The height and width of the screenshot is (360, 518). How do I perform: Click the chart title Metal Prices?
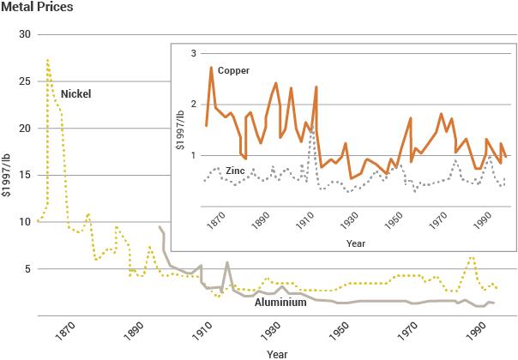coord(36,9)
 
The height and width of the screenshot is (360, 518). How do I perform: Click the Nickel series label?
coord(75,93)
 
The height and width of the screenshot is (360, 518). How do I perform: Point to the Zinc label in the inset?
coord(237,171)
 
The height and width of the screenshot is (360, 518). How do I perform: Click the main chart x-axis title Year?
coord(277,352)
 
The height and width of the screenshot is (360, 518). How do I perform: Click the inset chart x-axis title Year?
coord(356,243)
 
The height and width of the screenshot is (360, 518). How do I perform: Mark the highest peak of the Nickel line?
coord(47,60)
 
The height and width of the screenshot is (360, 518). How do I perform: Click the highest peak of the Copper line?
coord(211,67)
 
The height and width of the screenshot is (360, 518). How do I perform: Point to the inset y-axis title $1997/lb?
coord(180,129)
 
